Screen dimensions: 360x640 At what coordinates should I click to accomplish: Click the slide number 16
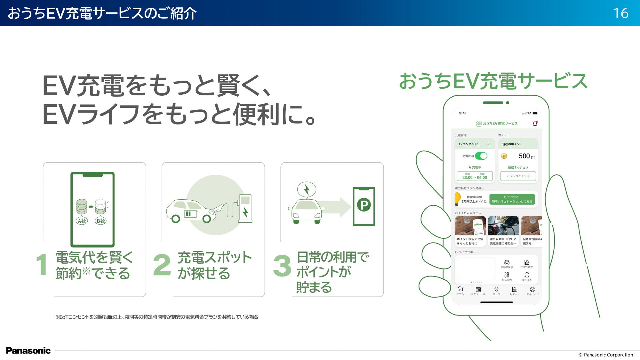pos(621,13)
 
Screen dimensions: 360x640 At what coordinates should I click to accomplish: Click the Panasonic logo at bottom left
pos(28,351)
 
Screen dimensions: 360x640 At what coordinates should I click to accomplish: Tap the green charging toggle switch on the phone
pos(481,156)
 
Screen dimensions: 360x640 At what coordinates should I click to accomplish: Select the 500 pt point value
pos(526,156)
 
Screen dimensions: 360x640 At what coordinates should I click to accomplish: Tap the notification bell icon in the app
pos(535,124)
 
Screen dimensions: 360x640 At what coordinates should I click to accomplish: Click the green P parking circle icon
pos(364,205)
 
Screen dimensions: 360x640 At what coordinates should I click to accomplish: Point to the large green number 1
pos(42,265)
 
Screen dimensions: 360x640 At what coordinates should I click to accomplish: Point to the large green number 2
pos(162,265)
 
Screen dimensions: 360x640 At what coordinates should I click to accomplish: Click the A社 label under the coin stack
pos(82,221)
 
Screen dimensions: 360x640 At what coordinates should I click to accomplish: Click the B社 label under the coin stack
pos(101,221)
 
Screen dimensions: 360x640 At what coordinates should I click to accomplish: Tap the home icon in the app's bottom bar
pos(460,289)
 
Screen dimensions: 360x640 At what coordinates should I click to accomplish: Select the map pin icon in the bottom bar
pos(496,290)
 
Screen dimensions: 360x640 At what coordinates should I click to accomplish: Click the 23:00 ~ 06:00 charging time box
pos(475,176)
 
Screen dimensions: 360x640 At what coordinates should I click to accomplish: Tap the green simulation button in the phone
pos(512,199)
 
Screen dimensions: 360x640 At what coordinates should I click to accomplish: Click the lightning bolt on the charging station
pos(246,212)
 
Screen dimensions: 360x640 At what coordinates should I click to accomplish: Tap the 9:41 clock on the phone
pos(463,113)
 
